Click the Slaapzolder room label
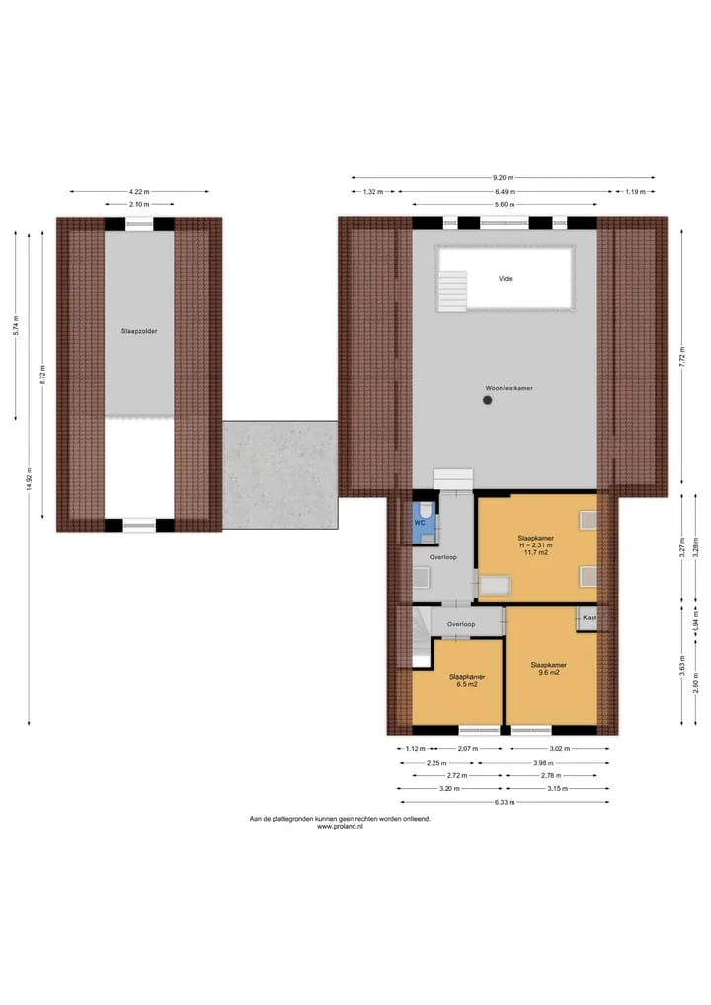pos(139,331)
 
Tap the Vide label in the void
pos(506,278)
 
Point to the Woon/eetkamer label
pos(509,388)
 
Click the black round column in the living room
pos(488,400)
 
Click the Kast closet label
pos(590,618)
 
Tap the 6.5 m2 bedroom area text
pos(467,685)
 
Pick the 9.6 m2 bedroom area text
pos(549,673)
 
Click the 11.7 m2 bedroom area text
pos(536,552)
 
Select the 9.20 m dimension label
pos(503,178)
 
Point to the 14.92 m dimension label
pos(29,479)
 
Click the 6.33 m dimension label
pos(504,802)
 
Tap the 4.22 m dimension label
pos(139,191)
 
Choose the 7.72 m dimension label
pos(682,355)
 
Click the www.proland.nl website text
pos(340,827)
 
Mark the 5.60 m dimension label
pos(505,204)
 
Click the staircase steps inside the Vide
pos(453,291)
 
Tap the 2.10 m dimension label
pos(139,204)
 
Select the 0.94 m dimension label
pos(696,621)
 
